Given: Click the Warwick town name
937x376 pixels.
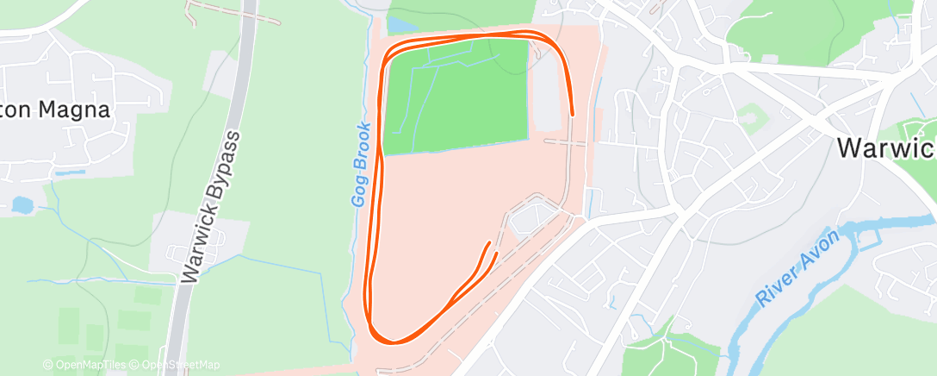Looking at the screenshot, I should point(886,147).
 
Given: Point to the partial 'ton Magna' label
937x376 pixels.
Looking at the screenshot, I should point(55,110).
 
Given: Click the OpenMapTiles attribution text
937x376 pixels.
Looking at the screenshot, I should point(84,365).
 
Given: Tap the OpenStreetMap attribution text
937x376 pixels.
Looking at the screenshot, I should point(175,365).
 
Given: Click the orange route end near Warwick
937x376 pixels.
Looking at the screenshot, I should point(573,113).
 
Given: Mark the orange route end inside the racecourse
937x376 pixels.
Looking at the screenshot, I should point(492,245).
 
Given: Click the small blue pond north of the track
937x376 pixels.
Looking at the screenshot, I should point(398,24).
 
